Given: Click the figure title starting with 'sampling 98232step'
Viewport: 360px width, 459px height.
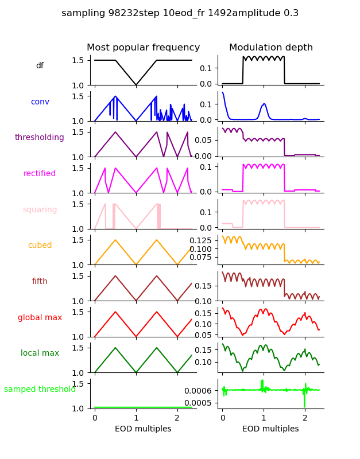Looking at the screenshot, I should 180,13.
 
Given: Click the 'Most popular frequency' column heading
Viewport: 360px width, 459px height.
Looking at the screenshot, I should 143,48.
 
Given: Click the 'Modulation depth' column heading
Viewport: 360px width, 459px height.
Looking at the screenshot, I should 270,48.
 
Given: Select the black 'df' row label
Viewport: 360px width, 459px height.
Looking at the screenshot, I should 40,66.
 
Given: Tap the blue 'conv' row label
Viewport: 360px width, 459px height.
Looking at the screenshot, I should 40,102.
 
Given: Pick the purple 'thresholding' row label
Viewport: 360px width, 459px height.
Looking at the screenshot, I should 40,138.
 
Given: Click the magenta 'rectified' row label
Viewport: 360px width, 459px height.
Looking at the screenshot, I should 40,174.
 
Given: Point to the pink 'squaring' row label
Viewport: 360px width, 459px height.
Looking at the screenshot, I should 40,210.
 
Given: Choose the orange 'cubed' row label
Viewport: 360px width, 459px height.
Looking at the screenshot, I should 40,246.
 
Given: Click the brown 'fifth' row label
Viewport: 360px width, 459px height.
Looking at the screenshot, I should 40,282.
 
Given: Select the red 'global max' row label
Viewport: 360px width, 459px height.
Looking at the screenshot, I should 40,318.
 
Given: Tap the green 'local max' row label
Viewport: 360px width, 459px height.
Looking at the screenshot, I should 40,353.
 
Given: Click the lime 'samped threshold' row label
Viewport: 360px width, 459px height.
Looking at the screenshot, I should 40,390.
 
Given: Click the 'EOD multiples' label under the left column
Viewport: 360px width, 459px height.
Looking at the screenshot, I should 143,429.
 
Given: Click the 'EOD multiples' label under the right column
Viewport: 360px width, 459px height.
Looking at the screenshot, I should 270,429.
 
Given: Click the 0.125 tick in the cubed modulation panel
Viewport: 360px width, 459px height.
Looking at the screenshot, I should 201,240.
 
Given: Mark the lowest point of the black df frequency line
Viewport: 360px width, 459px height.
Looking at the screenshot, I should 136,85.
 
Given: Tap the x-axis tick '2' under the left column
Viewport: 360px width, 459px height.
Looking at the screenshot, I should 177,418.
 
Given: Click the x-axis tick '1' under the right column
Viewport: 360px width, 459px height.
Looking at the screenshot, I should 264,418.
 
